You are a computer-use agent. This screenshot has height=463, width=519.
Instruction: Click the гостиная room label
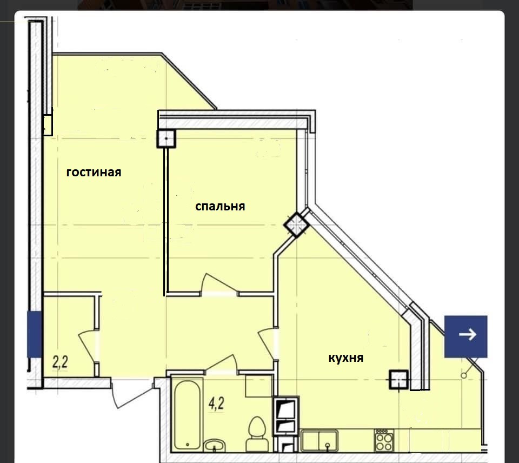(94, 173)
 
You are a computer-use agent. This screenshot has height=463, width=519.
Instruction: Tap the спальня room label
(220, 206)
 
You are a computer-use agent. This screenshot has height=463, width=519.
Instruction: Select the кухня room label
(346, 358)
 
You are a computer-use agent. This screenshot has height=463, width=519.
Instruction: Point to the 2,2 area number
(60, 362)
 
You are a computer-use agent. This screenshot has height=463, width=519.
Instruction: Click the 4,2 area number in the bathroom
(216, 404)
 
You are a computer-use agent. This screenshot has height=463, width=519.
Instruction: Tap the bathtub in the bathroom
(187, 415)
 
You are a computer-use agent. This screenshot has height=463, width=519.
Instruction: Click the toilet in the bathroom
(257, 434)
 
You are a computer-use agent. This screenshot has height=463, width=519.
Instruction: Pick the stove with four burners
(384, 440)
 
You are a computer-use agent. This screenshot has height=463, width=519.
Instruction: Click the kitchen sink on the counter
(320, 440)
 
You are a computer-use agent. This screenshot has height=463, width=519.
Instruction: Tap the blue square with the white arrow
(465, 336)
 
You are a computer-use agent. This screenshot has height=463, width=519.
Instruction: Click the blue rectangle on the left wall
(34, 334)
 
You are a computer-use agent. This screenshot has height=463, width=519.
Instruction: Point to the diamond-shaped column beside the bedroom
(296, 224)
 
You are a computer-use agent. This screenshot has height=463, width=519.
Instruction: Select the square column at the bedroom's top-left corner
(166, 138)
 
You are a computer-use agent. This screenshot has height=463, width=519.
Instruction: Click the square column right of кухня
(399, 379)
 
